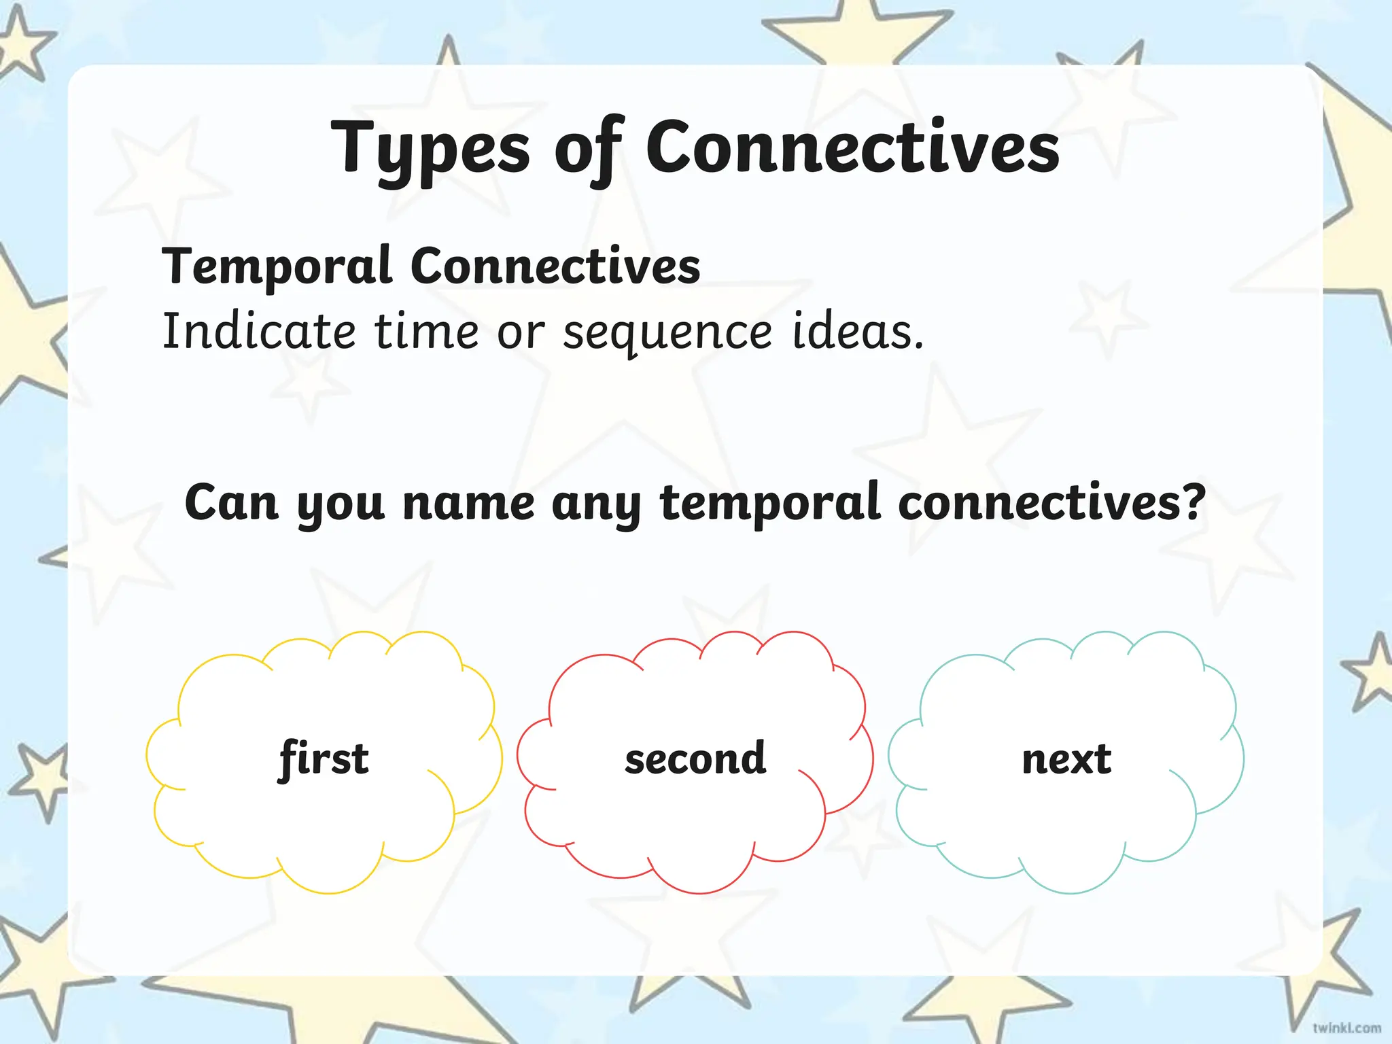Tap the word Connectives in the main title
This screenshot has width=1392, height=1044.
point(852,145)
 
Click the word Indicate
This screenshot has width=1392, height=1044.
point(259,331)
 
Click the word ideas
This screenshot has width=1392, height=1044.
point(858,331)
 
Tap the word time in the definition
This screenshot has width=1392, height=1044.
point(427,332)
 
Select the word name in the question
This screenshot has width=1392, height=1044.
point(468,504)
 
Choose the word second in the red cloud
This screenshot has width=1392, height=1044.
point(695,758)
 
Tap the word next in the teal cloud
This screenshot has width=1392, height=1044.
point(1066,759)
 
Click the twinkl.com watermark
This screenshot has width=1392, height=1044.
point(1346,1028)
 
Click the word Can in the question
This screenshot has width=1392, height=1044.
point(232,503)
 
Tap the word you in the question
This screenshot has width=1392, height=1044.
point(341,508)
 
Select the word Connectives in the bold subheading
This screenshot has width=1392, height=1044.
point(555,266)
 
